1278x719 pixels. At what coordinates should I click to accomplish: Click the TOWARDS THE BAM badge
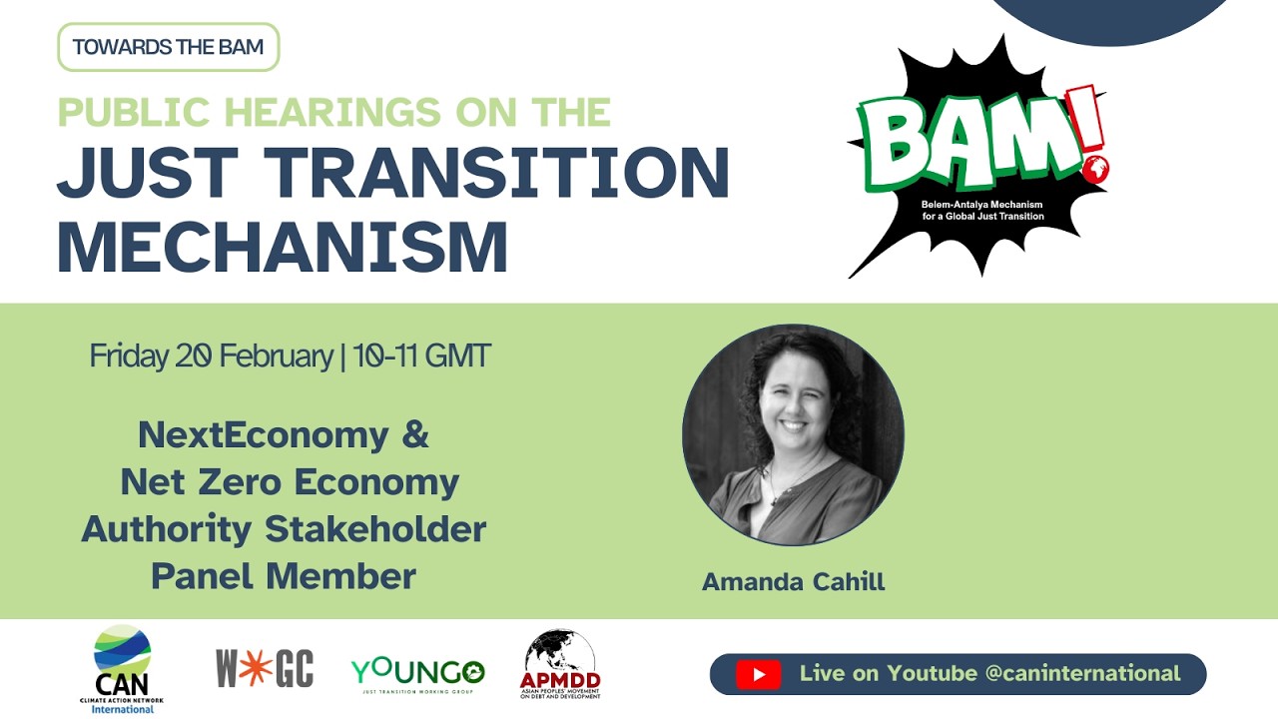168,47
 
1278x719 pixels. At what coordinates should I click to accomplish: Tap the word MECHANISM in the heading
283,246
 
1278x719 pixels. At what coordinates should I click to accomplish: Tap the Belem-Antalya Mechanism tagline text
982,210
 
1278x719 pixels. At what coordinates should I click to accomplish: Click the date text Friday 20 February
211,357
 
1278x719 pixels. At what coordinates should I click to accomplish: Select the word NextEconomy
263,434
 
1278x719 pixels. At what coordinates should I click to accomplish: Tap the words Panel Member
284,575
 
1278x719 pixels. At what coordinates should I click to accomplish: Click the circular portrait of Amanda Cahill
793,434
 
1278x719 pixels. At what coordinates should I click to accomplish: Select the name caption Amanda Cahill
793,581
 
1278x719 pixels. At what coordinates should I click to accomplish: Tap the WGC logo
265,668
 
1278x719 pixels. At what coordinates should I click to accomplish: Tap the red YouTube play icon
759,674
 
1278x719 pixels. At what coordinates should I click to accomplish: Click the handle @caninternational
1082,673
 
